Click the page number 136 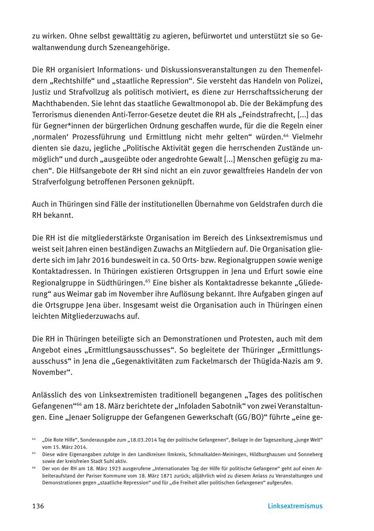(38, 506)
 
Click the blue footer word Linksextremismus (295, 506)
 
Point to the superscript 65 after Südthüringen (148, 280)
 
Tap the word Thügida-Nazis (272, 361)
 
